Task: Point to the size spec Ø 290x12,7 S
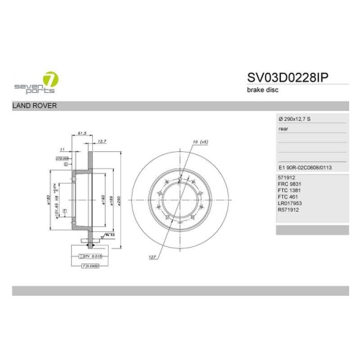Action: (294, 118)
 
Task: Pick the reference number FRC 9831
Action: (289, 184)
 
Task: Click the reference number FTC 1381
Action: (289, 191)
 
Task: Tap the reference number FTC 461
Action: (288, 198)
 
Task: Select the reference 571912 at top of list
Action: (287, 176)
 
